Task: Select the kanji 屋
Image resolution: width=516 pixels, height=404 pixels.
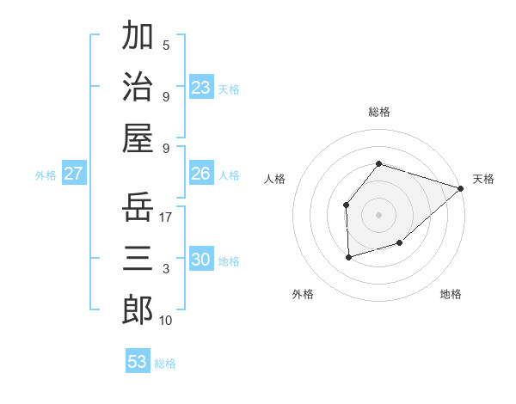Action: point(138,138)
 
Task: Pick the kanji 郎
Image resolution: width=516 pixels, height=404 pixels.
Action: point(138,309)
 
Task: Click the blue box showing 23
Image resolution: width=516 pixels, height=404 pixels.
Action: point(201,88)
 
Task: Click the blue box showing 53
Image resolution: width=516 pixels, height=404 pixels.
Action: point(138,362)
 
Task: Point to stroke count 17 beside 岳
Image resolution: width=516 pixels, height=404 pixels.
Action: point(166,217)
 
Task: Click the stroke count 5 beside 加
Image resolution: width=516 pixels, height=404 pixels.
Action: point(166,45)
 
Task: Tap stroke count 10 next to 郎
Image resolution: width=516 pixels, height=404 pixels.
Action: point(166,321)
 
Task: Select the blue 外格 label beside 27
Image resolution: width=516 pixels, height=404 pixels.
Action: point(46,175)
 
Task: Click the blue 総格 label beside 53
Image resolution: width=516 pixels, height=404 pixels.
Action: point(165,364)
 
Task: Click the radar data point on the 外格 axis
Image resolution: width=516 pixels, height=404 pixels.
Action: point(348,257)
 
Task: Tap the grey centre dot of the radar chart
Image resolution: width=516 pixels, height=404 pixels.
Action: point(378,214)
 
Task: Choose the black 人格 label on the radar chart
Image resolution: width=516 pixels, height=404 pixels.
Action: point(275,179)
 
